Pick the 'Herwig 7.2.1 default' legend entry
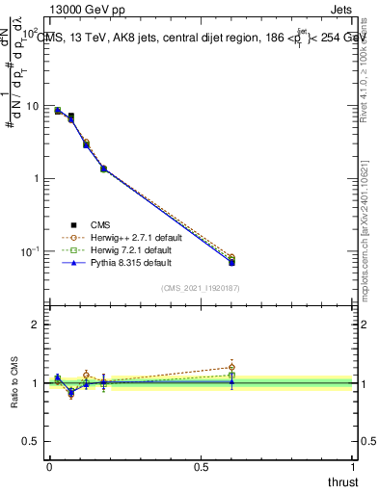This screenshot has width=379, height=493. (x=117, y=248)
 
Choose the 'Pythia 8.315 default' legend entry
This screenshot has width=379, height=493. (x=117, y=261)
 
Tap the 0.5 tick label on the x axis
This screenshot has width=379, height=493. (x=202, y=467)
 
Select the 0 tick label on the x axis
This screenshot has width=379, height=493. (x=49, y=467)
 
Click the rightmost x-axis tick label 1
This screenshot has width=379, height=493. (x=354, y=467)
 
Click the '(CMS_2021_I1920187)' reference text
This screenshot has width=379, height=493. (x=201, y=288)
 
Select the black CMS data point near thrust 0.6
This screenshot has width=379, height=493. (x=231, y=262)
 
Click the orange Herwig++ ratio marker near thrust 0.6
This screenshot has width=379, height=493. (x=231, y=367)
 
